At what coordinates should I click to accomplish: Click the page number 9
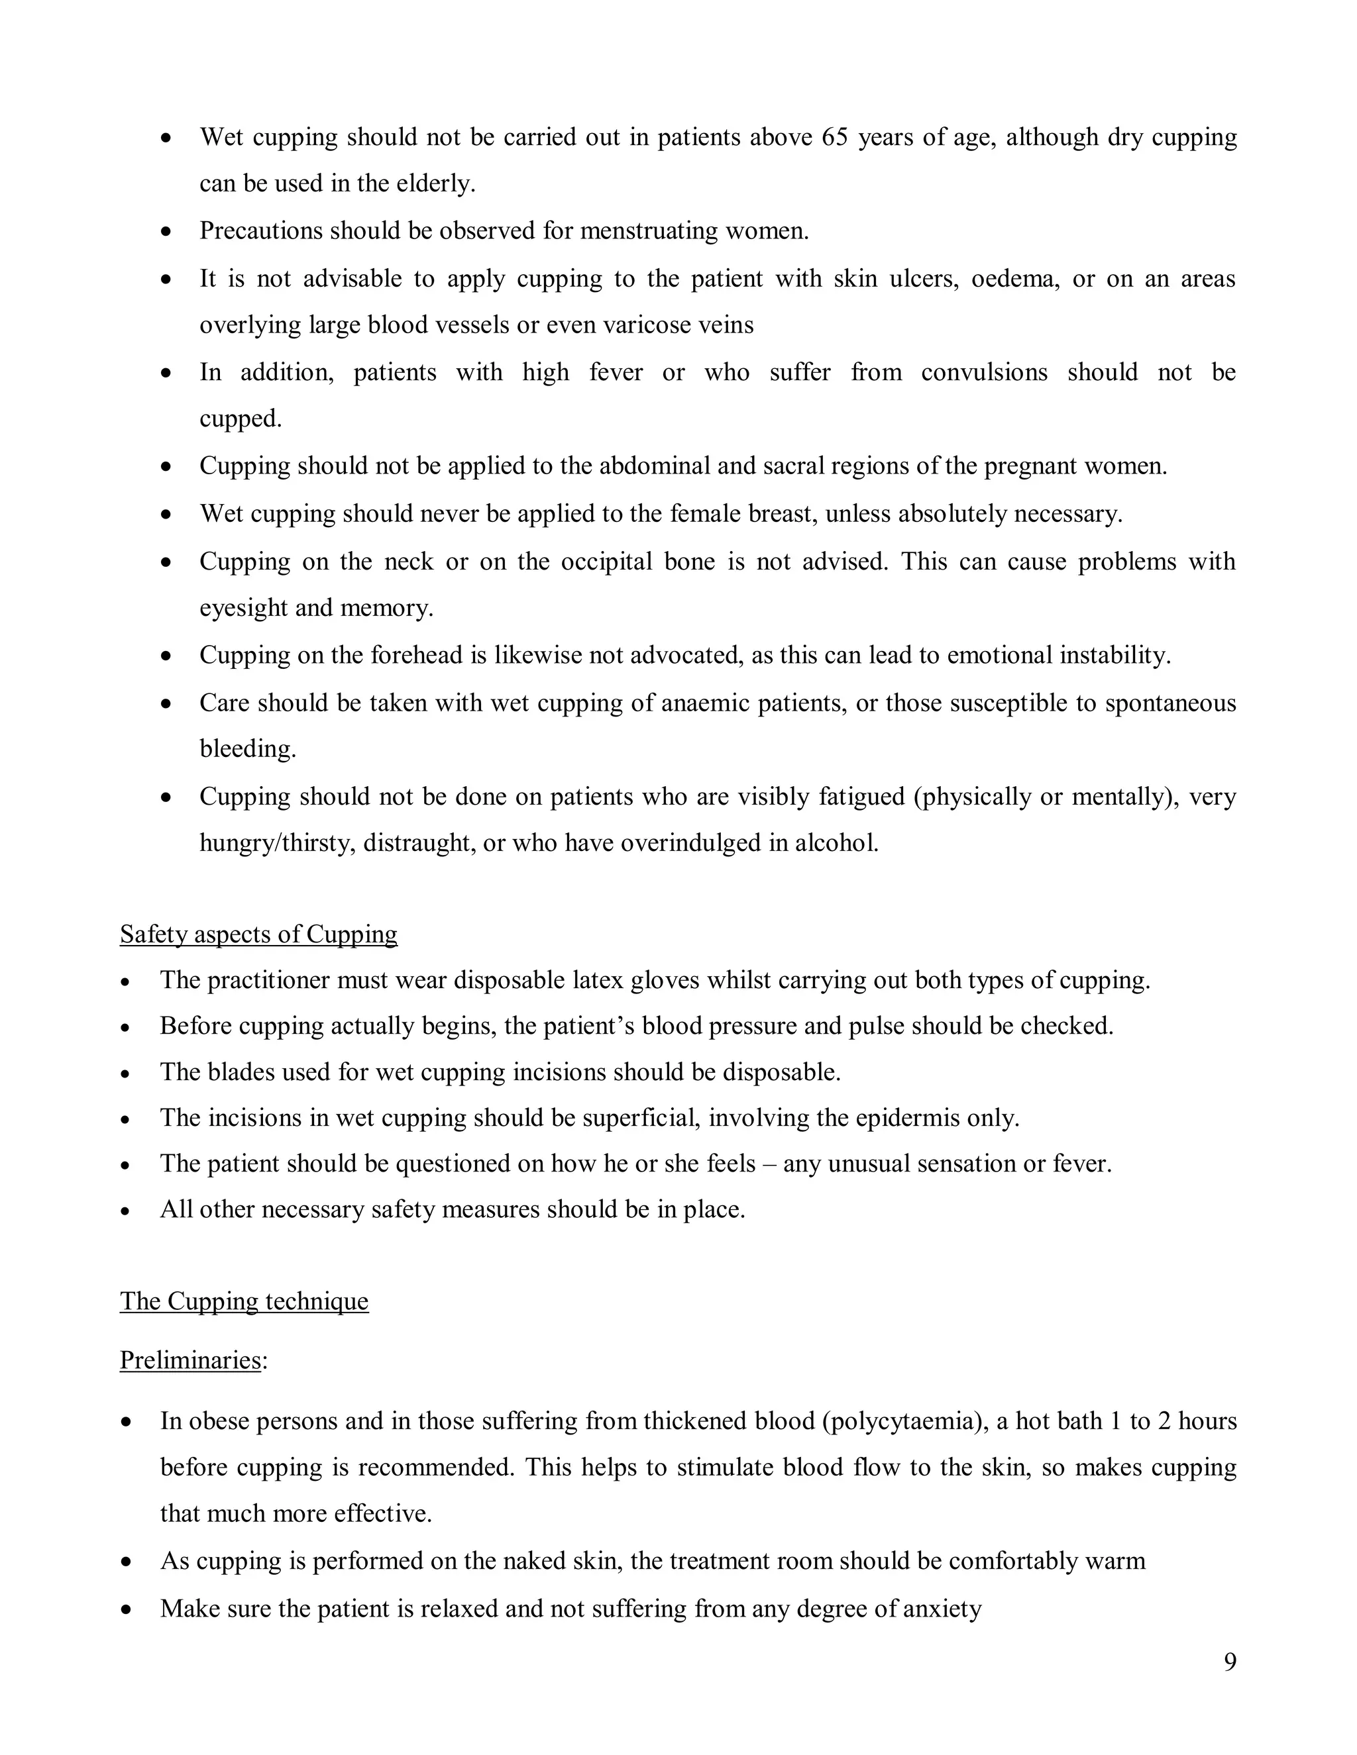(x=1230, y=1662)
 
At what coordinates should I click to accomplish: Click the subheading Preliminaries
(x=191, y=1360)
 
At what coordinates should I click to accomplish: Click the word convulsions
(x=984, y=373)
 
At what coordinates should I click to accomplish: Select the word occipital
(x=606, y=561)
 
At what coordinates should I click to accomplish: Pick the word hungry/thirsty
(x=278, y=843)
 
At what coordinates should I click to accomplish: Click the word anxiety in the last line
(x=942, y=1609)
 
